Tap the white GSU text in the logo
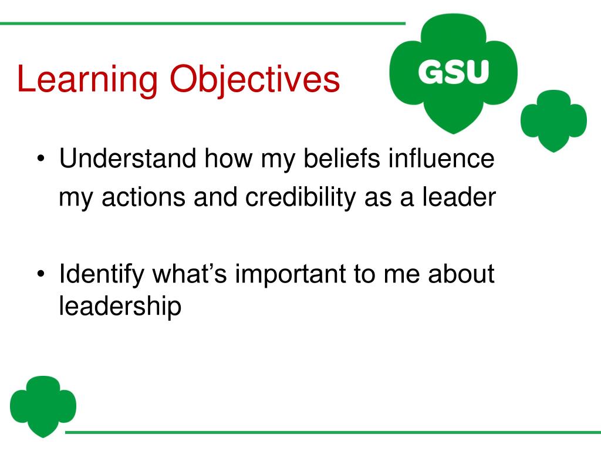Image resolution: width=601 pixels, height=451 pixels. pos(453,72)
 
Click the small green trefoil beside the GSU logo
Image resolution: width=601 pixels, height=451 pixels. pos(553,120)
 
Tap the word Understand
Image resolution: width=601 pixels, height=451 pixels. pos(128,159)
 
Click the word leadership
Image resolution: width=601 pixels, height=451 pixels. pos(120,307)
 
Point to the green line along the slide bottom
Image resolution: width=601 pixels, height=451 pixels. pos(329,433)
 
